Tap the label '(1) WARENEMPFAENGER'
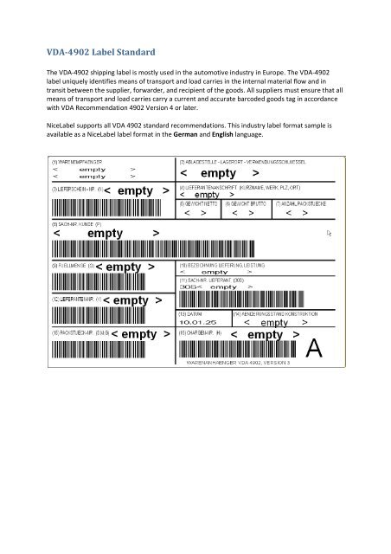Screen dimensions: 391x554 click(x=81, y=162)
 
